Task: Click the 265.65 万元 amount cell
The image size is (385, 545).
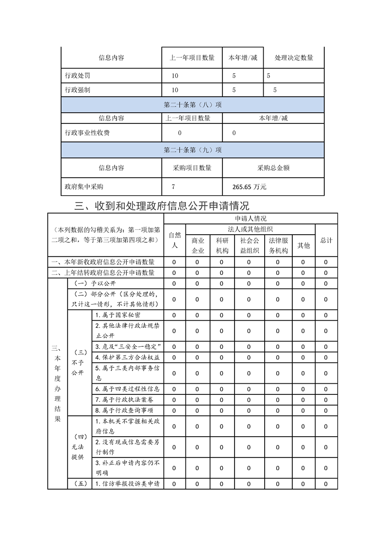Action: [250, 187]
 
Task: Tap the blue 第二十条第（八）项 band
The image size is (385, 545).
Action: [193, 104]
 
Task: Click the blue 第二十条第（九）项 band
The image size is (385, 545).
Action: [193, 150]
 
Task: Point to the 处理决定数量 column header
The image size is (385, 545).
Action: [294, 58]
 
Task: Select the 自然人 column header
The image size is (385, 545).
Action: [175, 240]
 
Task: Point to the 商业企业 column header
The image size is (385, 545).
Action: [198, 245]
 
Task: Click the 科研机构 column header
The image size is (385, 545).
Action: [222, 245]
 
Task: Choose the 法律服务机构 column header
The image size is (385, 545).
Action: [278, 245]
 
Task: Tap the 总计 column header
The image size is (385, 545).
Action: [326, 240]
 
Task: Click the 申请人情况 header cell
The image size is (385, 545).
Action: [251, 219]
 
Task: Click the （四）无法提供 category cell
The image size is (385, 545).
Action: [80, 447]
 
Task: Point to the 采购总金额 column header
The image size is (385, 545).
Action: [273, 168]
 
